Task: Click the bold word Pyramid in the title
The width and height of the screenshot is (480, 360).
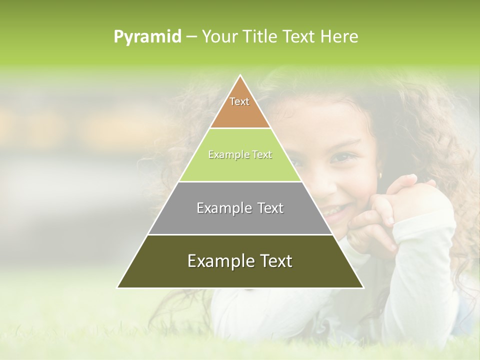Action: tap(147, 37)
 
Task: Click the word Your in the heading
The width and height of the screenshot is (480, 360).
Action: tap(220, 37)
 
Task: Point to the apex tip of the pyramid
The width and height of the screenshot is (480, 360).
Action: tap(240, 76)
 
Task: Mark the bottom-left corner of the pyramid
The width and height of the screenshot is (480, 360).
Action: tap(118, 287)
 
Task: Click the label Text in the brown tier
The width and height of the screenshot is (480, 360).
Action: tap(239, 101)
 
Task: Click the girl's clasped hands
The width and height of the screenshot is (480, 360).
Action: tap(395, 200)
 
